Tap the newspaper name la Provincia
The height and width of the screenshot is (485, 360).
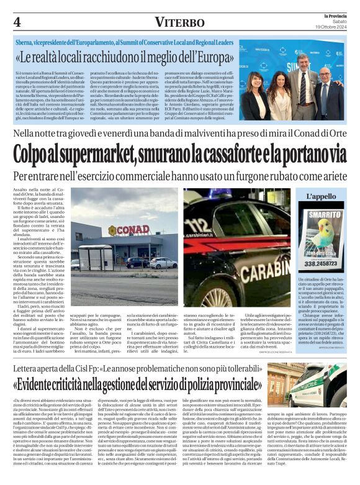click(336, 14)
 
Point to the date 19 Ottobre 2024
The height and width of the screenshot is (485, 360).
click(335, 25)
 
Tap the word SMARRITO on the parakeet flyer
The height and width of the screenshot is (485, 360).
click(327, 214)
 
